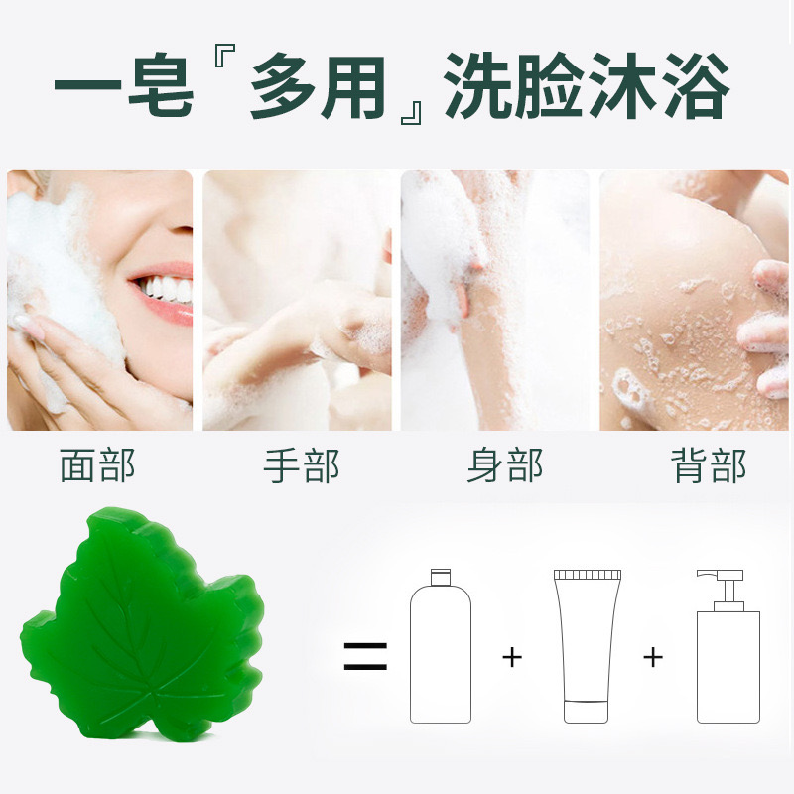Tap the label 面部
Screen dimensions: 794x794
point(97,465)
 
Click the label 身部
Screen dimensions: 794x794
point(504,465)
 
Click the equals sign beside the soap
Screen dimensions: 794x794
point(365,656)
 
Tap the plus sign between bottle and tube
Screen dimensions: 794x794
point(512,656)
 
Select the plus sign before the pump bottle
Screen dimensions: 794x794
point(653,656)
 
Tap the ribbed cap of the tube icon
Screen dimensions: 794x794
point(588,575)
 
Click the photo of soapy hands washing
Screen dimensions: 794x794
point(297,300)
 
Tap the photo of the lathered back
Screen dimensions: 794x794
point(694,300)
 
